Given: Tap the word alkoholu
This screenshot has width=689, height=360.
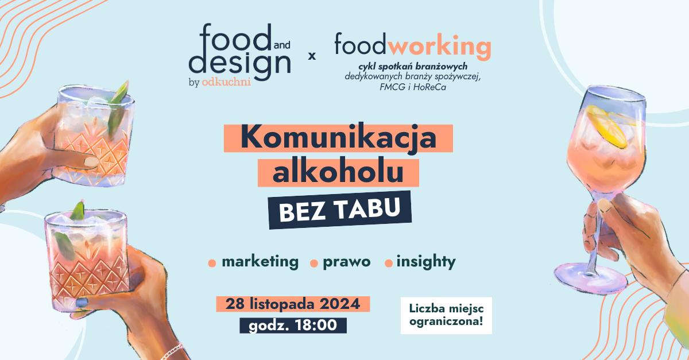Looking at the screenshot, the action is point(338,173).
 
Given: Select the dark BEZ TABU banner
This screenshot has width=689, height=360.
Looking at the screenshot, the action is point(340,210).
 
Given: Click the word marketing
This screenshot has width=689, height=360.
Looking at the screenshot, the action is point(260,262).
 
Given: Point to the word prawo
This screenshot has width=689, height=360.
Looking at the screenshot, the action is point(347,262).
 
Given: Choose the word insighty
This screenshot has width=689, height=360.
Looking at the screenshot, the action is point(426,262).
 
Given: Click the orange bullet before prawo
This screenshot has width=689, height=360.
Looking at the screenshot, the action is point(314,264).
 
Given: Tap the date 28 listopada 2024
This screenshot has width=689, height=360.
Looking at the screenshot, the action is point(293,304).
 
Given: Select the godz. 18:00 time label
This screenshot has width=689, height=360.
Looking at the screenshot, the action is point(293,325).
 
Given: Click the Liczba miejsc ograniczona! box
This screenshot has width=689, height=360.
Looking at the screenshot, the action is point(446,315).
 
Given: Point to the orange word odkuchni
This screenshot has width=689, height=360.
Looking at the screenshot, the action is point(226,82).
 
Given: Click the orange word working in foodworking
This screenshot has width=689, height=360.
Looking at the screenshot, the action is point(439,47).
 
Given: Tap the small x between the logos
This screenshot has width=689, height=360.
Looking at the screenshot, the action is point(312,56).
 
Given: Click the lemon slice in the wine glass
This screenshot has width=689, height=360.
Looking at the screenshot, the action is point(607,127).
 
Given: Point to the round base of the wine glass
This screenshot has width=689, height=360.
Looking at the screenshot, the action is point(591,279).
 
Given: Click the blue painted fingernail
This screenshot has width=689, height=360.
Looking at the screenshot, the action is point(82,302).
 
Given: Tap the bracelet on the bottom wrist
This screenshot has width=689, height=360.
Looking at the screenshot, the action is point(172,351).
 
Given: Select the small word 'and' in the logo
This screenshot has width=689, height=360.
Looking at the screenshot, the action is point(282,45).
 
